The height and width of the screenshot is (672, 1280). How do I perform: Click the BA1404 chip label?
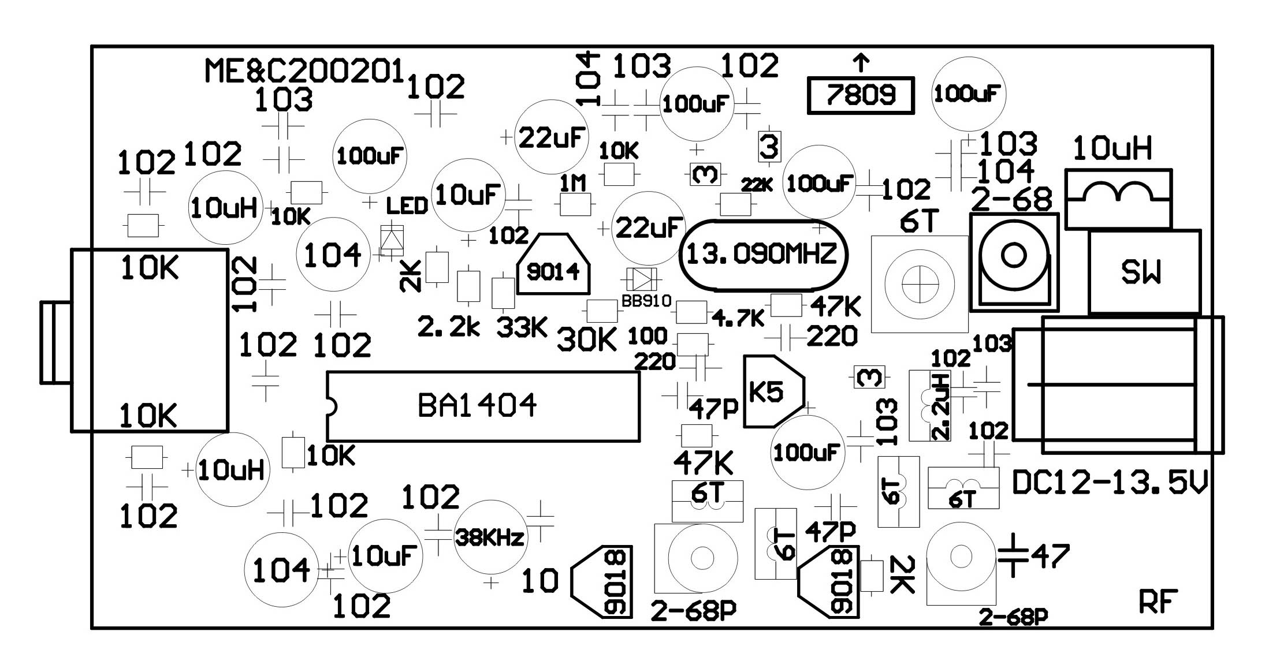coord(477,405)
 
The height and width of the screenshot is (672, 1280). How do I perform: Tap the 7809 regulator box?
coord(861,95)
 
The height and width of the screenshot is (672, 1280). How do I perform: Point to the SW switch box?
coord(1144,272)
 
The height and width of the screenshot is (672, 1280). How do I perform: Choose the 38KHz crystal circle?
coord(490,537)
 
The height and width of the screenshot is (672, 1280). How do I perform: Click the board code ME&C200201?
coord(304,71)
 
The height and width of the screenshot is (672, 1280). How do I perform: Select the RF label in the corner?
coord(1158,603)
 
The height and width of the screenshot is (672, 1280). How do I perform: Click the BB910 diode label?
coord(646,301)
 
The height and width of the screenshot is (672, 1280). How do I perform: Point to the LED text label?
coord(407,206)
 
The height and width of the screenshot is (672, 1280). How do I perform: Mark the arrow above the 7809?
coord(861,64)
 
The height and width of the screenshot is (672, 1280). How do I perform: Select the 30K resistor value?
coord(587,341)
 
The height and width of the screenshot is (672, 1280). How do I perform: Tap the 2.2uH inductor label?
coord(942,406)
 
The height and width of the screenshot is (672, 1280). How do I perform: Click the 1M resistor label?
coord(573,184)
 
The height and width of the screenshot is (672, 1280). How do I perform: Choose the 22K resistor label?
coord(757,185)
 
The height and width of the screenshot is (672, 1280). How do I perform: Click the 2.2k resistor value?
coord(448,327)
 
